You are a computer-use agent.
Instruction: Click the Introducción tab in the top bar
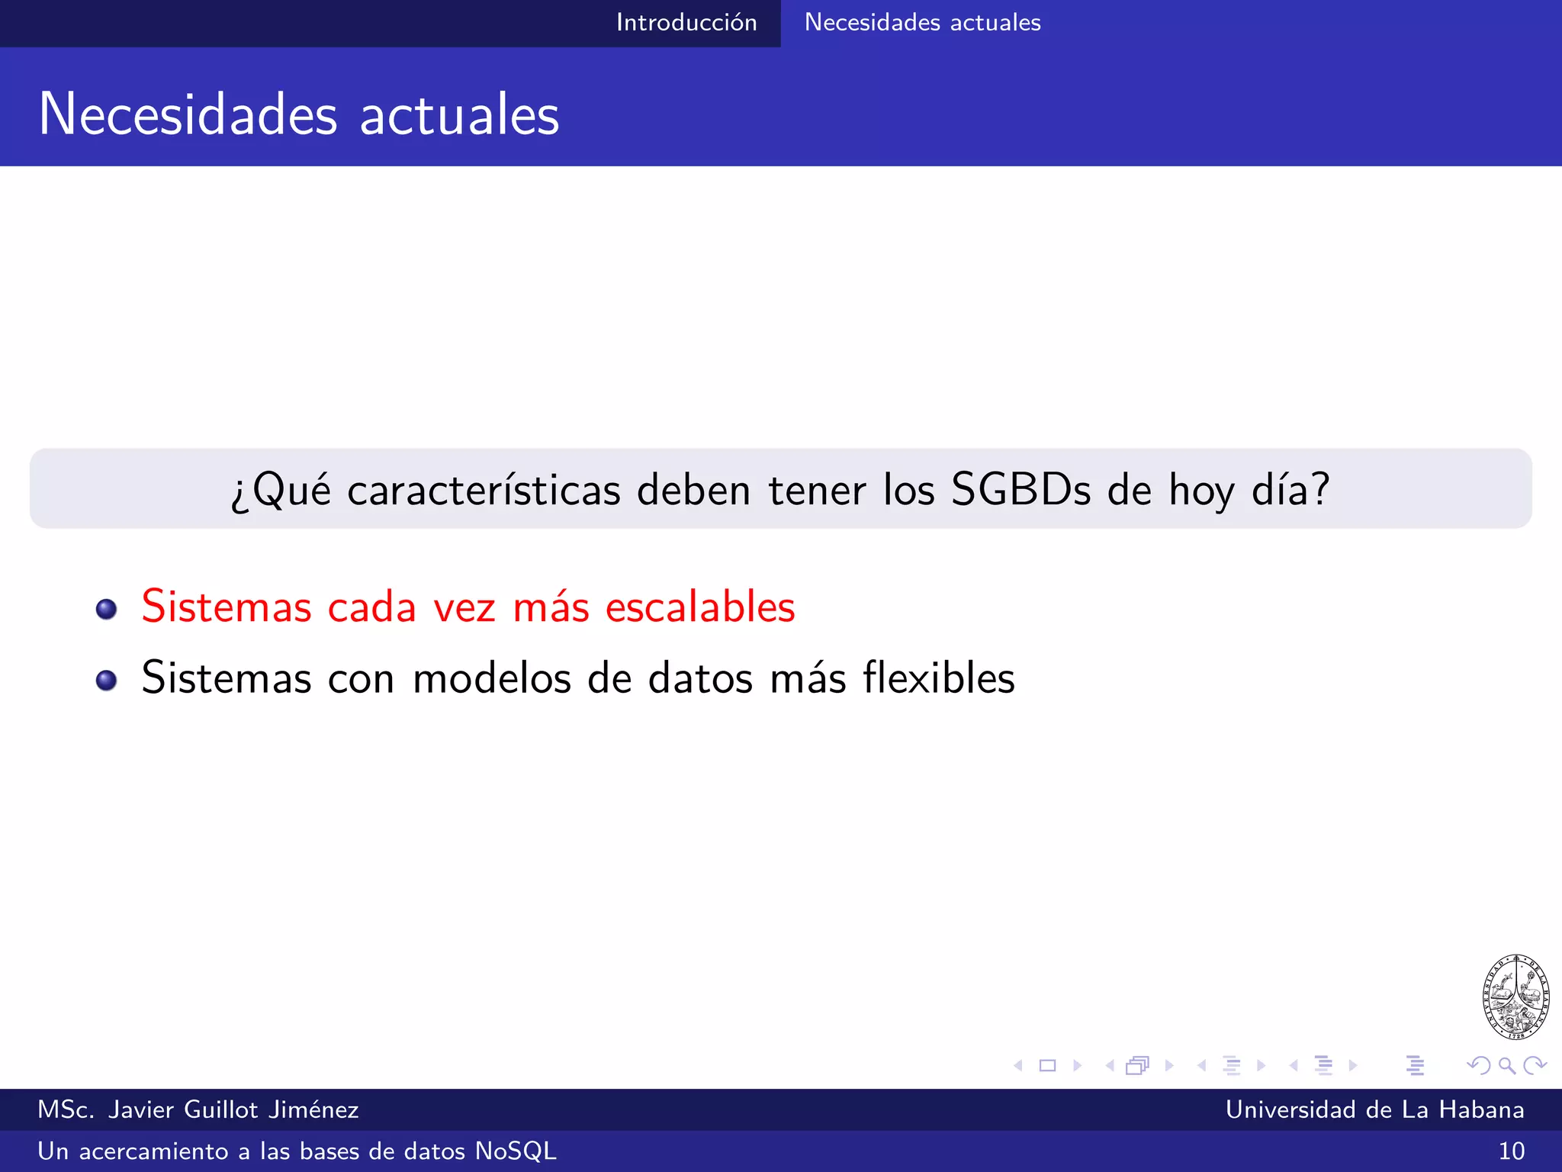[x=686, y=23]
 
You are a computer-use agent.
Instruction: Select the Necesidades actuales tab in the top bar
[x=922, y=23]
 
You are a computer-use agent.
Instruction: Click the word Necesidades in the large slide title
[x=188, y=114]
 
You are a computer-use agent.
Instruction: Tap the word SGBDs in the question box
[x=1020, y=490]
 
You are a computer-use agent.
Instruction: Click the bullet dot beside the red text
[x=107, y=609]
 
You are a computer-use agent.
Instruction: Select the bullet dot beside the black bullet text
[x=107, y=680]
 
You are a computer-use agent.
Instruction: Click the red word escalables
[x=700, y=607]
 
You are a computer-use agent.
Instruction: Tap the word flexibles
[x=939, y=678]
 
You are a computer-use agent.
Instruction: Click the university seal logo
[x=1515, y=997]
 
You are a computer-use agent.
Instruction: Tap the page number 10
[x=1511, y=1151]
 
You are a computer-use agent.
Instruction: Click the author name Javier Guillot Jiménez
[x=233, y=1109]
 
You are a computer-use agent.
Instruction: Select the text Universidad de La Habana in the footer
[x=1374, y=1109]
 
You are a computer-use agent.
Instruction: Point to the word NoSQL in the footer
[x=516, y=1151]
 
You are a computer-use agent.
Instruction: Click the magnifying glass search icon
[x=1506, y=1065]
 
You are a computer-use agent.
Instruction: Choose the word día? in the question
[x=1290, y=490]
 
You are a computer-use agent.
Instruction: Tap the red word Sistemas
[x=227, y=607]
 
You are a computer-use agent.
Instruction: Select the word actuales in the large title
[x=459, y=114]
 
